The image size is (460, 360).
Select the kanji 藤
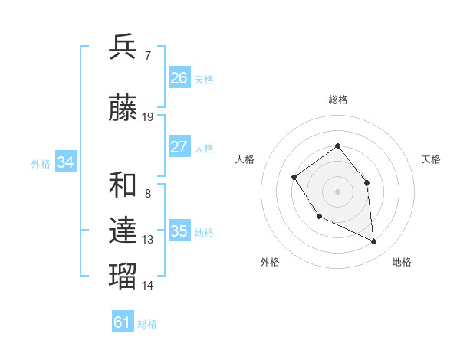click(x=123, y=109)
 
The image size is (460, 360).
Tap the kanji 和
click(x=123, y=185)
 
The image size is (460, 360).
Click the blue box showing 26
click(x=179, y=78)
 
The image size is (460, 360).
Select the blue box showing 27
click(x=179, y=147)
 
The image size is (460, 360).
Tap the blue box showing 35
click(x=179, y=231)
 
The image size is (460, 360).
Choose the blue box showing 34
click(x=66, y=162)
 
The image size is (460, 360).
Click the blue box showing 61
click(x=123, y=322)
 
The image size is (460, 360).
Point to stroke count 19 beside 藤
click(x=148, y=117)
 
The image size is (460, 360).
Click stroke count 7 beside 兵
click(x=147, y=55)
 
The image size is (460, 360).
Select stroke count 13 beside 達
click(x=148, y=240)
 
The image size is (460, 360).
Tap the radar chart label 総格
click(x=338, y=100)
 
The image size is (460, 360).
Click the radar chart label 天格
click(x=432, y=159)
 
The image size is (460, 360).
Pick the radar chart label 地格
click(x=402, y=262)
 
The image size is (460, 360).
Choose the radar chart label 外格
click(x=270, y=262)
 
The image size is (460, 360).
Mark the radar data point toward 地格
click(x=374, y=242)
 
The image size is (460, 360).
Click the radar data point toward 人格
click(x=294, y=178)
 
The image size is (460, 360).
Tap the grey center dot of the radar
click(x=338, y=191)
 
